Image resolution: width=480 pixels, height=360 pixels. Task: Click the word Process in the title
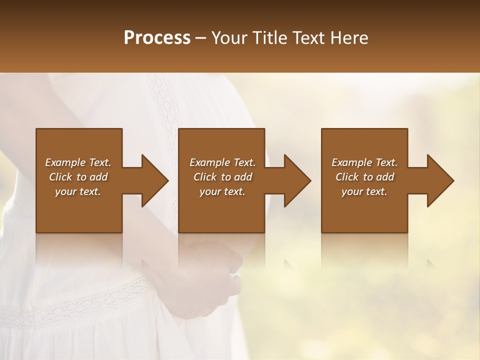(x=157, y=38)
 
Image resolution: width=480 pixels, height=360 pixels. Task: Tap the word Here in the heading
(x=348, y=38)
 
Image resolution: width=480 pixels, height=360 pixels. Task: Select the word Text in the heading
(x=308, y=38)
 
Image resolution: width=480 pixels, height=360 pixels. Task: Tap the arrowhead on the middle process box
(x=296, y=180)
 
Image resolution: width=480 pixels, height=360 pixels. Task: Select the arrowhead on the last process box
(x=439, y=180)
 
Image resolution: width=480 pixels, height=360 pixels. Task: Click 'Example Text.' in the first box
(x=78, y=162)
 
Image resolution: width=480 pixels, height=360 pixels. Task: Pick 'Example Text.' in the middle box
(x=222, y=162)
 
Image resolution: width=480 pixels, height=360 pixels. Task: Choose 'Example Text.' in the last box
(x=364, y=162)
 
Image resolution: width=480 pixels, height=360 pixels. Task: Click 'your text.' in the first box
(x=78, y=191)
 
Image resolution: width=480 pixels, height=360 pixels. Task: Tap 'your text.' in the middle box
(x=222, y=191)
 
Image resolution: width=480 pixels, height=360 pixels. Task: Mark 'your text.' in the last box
(x=364, y=191)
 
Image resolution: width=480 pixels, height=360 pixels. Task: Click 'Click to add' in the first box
(x=78, y=177)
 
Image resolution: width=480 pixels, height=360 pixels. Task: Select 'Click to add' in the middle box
(x=222, y=177)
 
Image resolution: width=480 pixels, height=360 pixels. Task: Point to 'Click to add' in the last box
(x=364, y=177)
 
